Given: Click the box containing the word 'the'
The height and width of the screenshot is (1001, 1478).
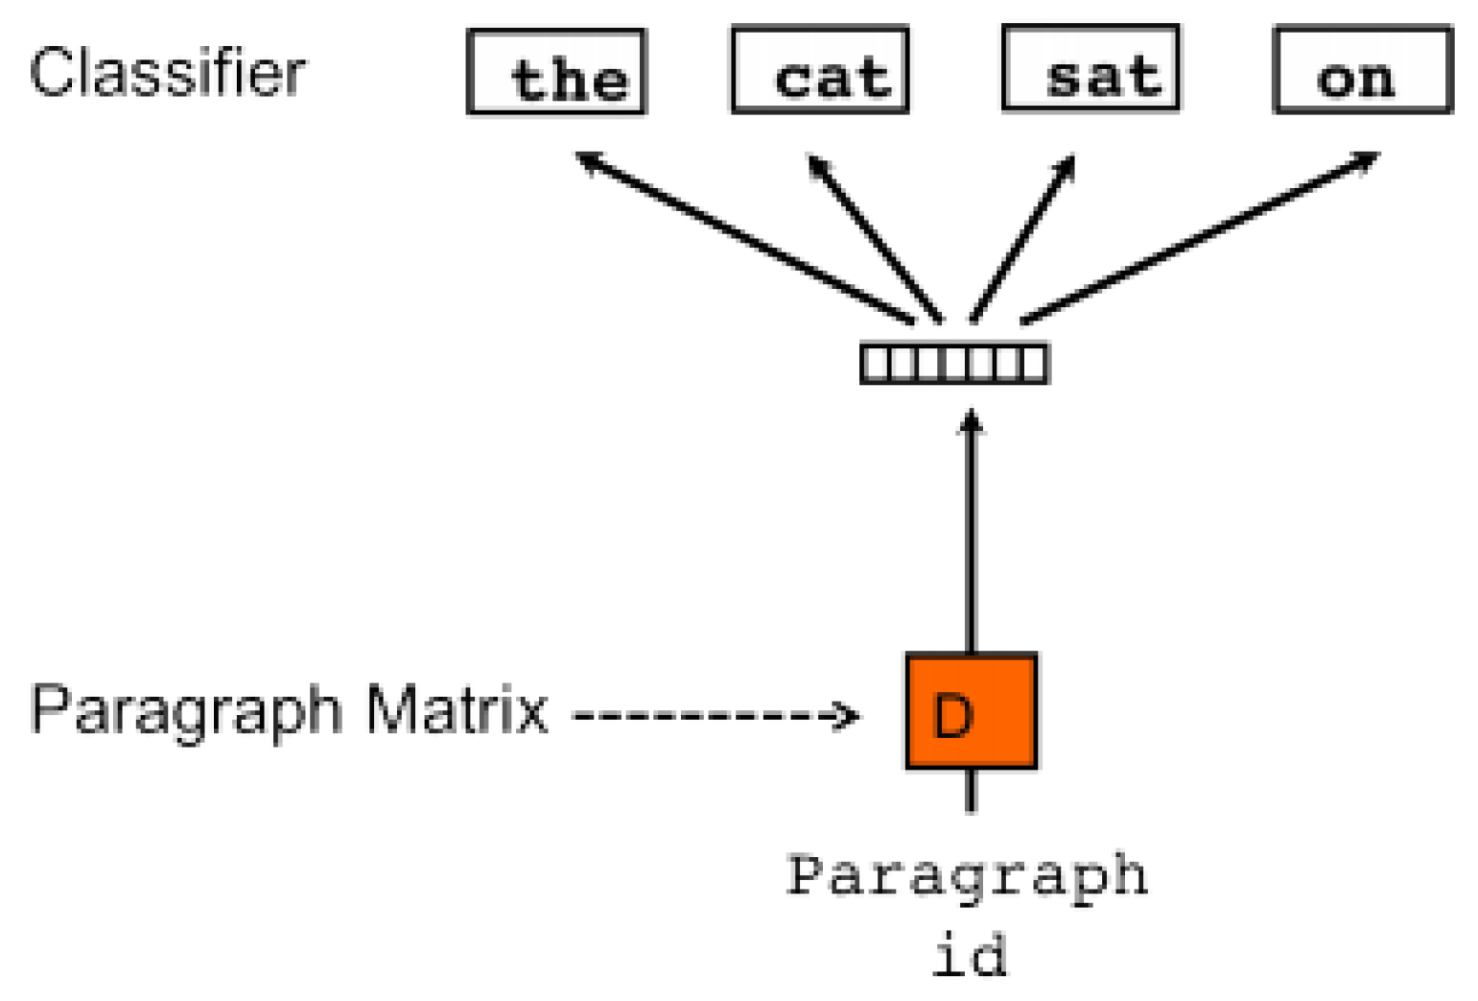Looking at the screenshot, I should tap(556, 72).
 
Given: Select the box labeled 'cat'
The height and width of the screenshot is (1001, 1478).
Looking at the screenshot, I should tap(820, 71).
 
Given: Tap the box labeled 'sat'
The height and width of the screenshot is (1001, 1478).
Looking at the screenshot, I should tap(1091, 69).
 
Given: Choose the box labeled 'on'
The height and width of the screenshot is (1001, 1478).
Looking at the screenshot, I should tap(1362, 71).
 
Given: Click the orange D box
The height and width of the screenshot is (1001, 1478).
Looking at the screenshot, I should tap(971, 711).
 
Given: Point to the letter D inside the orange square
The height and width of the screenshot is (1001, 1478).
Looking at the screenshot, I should tap(953, 716).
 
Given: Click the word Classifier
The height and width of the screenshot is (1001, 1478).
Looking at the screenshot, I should tap(168, 73).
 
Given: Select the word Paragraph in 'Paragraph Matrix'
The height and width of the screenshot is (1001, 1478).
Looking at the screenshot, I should tap(186, 711).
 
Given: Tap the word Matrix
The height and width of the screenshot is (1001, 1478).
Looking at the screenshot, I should tap(457, 710).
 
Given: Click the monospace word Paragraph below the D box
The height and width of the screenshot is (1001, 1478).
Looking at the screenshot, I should tap(967, 876).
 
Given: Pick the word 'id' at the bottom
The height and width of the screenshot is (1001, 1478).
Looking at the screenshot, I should tap(970, 956).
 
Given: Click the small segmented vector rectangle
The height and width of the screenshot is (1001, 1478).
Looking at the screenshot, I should tap(954, 364).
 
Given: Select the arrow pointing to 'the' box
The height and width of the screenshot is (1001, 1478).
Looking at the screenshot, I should tap(743, 237).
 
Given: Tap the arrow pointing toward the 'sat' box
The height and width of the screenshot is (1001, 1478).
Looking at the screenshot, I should tap(1023, 237).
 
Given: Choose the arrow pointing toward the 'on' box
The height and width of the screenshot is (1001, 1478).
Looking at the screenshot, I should tap(1199, 237).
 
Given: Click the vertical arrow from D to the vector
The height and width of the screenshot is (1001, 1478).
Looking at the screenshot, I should tap(971, 533).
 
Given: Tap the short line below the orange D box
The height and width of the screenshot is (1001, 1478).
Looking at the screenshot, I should tap(971, 790).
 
